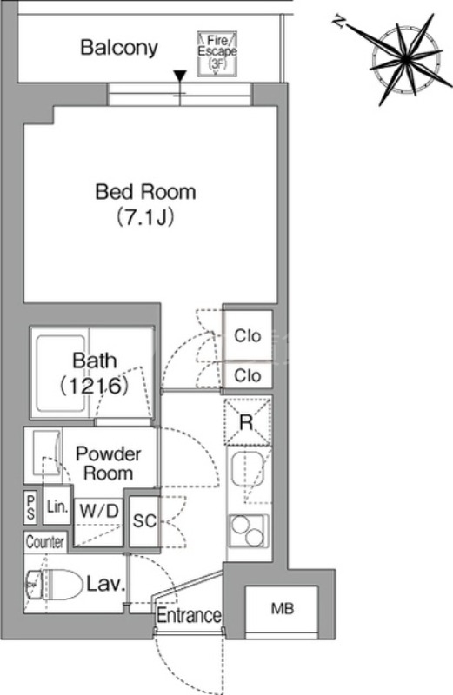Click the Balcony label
(119, 48)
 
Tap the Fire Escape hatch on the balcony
(217, 54)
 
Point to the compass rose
(405, 59)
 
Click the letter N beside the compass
(339, 22)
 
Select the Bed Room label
(145, 192)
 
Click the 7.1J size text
(144, 217)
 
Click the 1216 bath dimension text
(94, 386)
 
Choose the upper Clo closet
(248, 335)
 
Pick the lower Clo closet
(248, 376)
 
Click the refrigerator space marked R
(247, 421)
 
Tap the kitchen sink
(248, 468)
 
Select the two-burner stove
(249, 531)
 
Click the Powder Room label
(109, 463)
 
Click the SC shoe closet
(144, 521)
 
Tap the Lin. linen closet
(57, 506)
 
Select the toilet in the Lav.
(55, 585)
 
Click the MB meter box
(283, 610)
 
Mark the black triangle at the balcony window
(179, 76)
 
